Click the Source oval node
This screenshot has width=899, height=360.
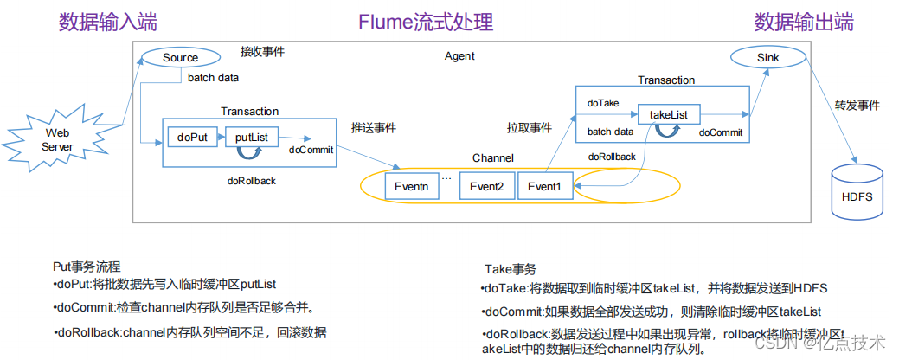[181, 58]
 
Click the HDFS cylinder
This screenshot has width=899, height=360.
[857, 196]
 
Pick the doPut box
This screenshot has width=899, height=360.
[192, 138]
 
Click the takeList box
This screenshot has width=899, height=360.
[669, 113]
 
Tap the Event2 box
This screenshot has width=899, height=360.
[486, 186]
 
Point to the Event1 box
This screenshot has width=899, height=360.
[544, 186]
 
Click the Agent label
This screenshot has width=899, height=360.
[459, 56]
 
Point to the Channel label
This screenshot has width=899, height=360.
[492, 158]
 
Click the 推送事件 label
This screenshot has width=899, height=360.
[374, 127]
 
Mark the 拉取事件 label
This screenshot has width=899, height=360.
[529, 127]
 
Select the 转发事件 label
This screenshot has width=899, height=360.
[857, 106]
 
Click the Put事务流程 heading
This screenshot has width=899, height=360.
[87, 266]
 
